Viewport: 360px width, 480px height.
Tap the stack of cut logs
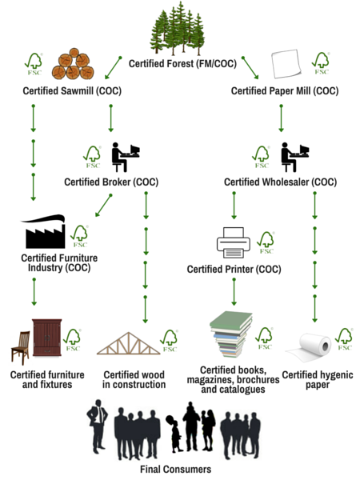click(x=73, y=64)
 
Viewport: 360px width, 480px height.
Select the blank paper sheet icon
click(x=286, y=64)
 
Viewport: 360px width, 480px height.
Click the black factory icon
click(x=43, y=231)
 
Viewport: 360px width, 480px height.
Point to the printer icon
click(x=234, y=242)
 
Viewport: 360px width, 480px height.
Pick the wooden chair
click(x=21, y=347)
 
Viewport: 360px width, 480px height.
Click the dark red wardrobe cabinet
click(x=47, y=338)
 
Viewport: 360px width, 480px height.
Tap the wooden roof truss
click(x=129, y=343)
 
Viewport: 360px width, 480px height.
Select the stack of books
click(x=231, y=334)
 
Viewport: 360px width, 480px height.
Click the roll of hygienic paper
click(x=309, y=347)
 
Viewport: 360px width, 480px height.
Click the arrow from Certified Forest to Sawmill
click(x=113, y=68)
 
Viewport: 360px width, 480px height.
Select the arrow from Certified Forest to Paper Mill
click(x=250, y=68)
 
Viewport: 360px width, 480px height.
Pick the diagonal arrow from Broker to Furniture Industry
click(x=103, y=206)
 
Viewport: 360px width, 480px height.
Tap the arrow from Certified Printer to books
click(x=234, y=292)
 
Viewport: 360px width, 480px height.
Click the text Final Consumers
click(x=175, y=470)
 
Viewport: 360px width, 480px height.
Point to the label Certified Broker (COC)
click(x=111, y=182)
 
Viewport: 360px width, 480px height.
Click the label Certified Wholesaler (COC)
click(x=281, y=182)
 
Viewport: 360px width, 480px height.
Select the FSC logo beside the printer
click(x=266, y=242)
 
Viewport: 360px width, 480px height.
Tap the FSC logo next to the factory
click(x=79, y=236)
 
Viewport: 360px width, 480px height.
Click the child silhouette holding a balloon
click(x=174, y=434)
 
